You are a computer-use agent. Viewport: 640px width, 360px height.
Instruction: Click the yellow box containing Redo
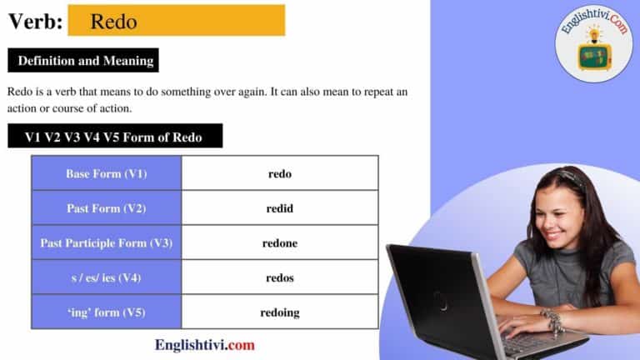click(176, 21)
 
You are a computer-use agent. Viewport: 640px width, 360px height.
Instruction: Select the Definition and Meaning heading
click(82, 61)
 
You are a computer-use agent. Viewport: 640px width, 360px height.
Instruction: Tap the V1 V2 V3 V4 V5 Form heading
click(114, 137)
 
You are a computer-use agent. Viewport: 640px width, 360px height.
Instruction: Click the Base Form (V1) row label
click(107, 173)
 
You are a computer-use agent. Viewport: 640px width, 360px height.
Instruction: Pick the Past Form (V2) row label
click(107, 208)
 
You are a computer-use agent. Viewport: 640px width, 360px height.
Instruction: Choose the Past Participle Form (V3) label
click(107, 243)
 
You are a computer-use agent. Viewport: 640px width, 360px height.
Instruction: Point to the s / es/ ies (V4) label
click(107, 277)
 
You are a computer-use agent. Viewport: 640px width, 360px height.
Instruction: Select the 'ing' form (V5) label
click(107, 312)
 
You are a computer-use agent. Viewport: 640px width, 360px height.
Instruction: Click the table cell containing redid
click(280, 208)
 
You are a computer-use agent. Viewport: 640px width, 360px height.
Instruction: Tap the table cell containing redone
click(280, 243)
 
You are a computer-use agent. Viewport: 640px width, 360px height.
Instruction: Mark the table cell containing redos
click(280, 277)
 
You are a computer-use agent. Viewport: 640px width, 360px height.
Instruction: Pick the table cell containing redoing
click(280, 312)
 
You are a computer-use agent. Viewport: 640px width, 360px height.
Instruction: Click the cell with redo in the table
click(280, 173)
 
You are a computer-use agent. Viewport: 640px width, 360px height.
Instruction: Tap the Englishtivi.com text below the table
click(205, 344)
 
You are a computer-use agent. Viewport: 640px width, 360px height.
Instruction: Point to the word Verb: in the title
click(35, 22)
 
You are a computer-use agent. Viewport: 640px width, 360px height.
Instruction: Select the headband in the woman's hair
click(568, 176)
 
